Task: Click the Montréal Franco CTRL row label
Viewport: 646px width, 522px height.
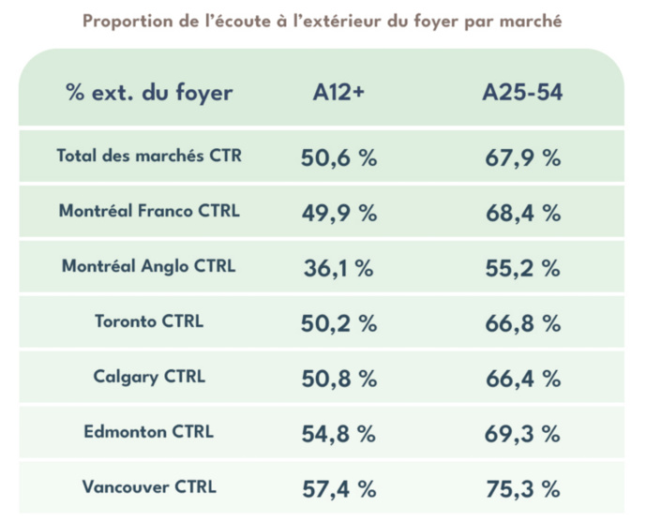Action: click(149, 212)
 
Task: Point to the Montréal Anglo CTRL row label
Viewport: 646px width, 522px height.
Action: click(149, 266)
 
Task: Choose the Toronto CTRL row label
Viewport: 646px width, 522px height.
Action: click(149, 321)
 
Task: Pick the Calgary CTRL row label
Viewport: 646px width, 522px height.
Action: click(149, 377)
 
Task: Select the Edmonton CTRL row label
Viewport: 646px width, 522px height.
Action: click(149, 432)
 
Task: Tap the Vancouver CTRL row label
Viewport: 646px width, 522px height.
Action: click(149, 487)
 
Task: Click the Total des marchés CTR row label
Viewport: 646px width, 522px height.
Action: click(149, 157)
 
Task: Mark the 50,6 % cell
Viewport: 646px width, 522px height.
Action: click(338, 158)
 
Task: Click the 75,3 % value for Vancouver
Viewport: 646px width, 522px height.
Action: click(522, 489)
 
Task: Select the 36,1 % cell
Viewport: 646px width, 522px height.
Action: click(338, 268)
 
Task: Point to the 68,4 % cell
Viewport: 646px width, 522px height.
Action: click(522, 214)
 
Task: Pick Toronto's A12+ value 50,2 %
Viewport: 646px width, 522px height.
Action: click(338, 323)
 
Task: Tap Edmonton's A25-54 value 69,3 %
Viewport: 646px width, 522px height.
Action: click(522, 434)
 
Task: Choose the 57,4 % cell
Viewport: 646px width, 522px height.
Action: click(338, 489)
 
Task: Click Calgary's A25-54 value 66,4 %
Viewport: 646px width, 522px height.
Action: click(522, 379)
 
